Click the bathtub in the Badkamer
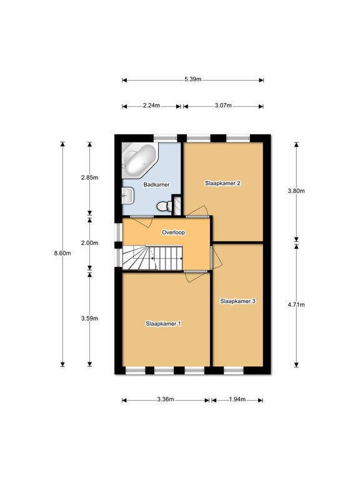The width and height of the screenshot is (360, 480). pyautogui.click(x=140, y=160)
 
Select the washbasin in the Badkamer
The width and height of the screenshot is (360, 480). pyautogui.click(x=127, y=195)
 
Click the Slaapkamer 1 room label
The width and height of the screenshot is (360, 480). pyautogui.click(x=164, y=324)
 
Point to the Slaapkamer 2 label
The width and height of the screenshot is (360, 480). pyautogui.click(x=222, y=183)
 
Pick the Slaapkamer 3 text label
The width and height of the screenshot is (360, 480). pyautogui.click(x=238, y=301)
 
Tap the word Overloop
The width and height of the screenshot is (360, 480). pyautogui.click(x=174, y=232)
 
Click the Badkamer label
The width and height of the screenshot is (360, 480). pyautogui.click(x=157, y=184)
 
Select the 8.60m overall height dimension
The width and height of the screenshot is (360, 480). pyautogui.click(x=62, y=253)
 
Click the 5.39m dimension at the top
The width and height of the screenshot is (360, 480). pyautogui.click(x=193, y=79)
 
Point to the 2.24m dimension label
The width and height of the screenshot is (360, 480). pyautogui.click(x=151, y=106)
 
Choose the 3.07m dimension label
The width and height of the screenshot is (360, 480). pyautogui.click(x=223, y=106)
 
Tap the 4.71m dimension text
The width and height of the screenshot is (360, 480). pyautogui.click(x=296, y=304)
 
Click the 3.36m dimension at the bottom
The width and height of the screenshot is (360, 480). pyautogui.click(x=166, y=399)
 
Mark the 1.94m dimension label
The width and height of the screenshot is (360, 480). pyautogui.click(x=237, y=399)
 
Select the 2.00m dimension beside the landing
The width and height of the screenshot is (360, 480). pyautogui.click(x=90, y=242)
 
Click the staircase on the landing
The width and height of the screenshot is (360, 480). pyautogui.click(x=152, y=258)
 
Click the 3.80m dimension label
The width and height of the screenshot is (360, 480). pyautogui.click(x=296, y=191)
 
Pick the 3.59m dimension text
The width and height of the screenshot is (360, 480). pyautogui.click(x=90, y=318)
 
